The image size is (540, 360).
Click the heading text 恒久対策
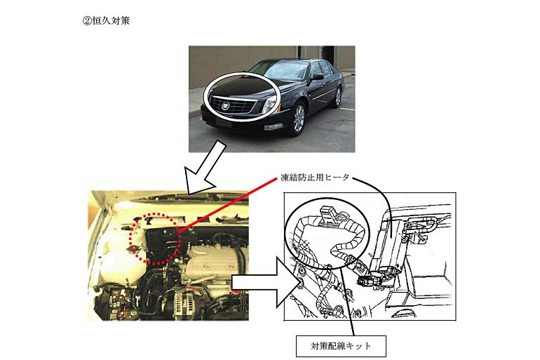coord(111,20)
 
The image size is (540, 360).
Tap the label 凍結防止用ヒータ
coord(315,178)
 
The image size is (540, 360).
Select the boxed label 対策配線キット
coord(341,346)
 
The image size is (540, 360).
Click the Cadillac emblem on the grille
coord(226,106)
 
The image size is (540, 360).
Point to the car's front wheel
coord(298,118)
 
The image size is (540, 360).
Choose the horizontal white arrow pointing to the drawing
coord(262,283)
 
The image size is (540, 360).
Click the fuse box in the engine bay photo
coord(121,303)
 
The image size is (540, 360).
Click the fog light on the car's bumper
coord(274,128)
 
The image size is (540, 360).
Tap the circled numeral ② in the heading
coord(86,20)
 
